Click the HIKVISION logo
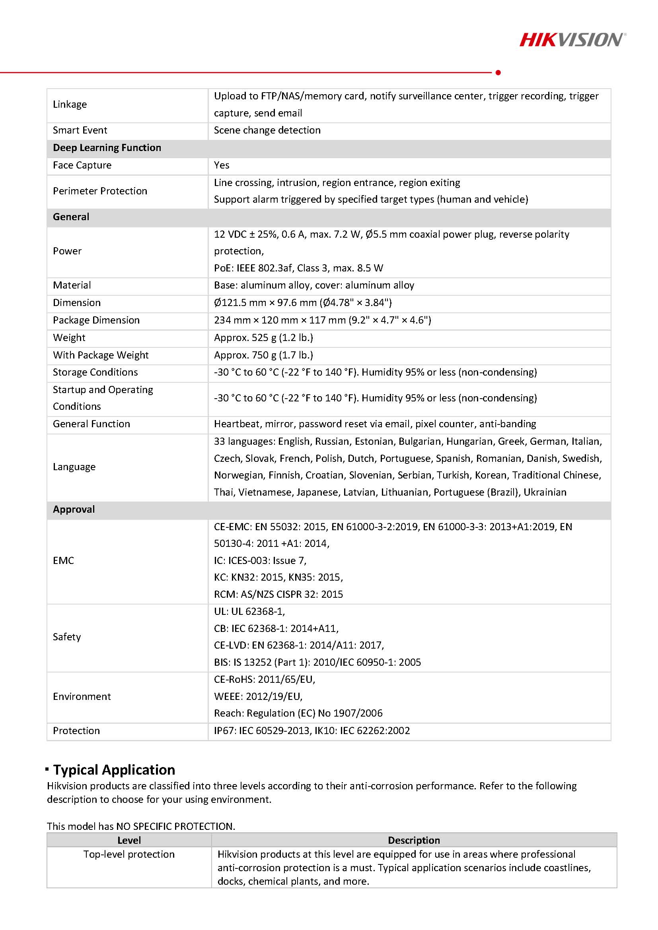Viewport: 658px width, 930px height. pos(572,40)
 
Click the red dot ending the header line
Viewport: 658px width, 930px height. pos(498,72)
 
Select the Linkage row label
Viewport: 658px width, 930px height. pos(70,105)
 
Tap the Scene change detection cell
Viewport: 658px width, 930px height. pos(267,130)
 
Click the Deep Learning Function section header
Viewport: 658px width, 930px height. pos(107,148)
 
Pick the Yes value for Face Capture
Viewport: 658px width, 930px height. pos(221,165)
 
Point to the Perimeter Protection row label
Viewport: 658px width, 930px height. pos(100,191)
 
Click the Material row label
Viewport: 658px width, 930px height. pos(72,285)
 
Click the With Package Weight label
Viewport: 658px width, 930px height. pos(101,355)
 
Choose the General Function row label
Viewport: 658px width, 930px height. pos(91,424)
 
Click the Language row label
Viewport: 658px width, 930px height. pos(74,467)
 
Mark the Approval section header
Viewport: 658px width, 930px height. pos(74,510)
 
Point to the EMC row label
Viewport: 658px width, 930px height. pos(63,561)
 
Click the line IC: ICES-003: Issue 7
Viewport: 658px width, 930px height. pos(260,561)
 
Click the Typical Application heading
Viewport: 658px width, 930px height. pos(114,769)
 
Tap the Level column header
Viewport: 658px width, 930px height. pos(129,841)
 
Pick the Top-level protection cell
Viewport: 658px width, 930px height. pos(129,854)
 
